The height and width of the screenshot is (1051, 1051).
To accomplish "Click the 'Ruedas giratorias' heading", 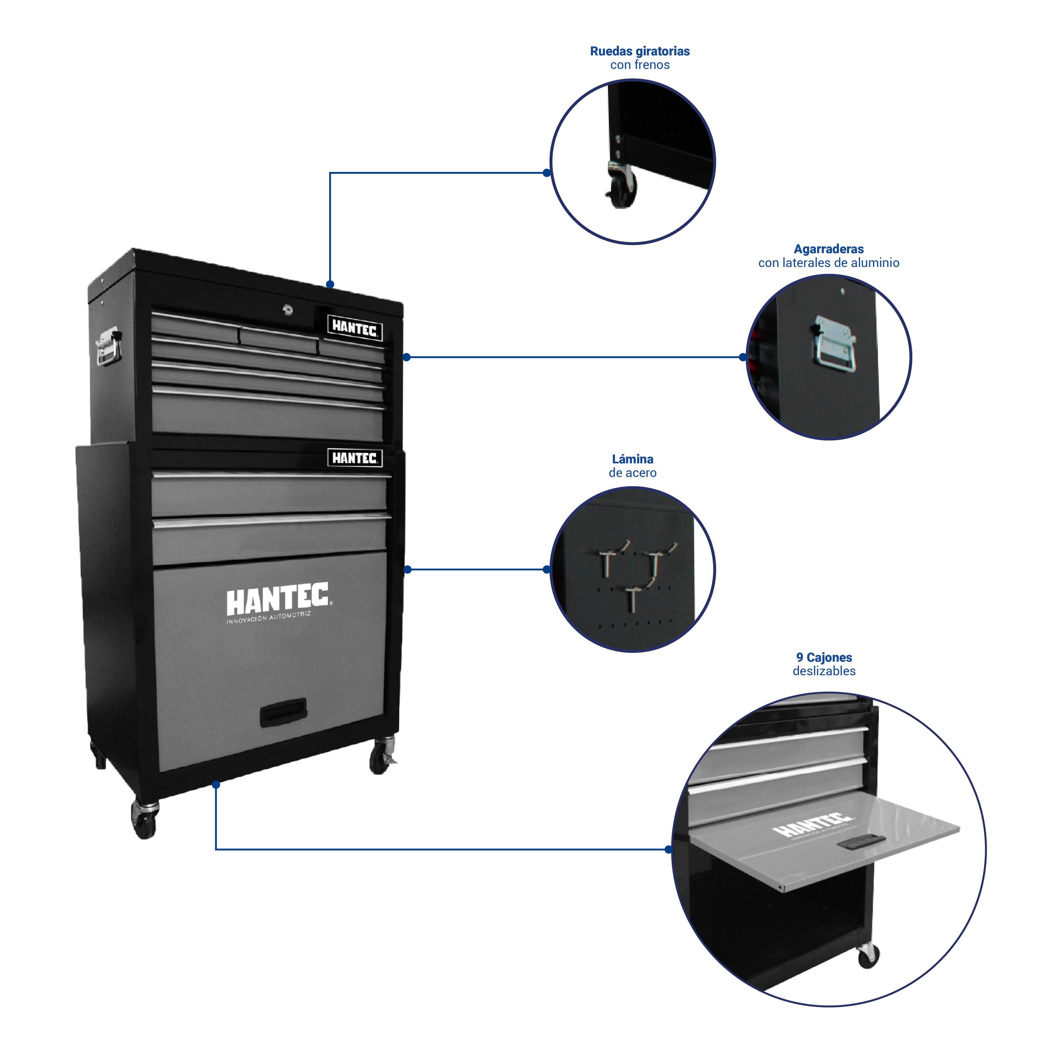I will coord(640,51).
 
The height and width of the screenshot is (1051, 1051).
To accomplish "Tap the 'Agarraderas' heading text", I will coord(828,249).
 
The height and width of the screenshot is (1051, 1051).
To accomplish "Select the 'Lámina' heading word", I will coord(632,459).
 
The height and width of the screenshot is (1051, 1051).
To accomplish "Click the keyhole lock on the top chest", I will coord(288,310).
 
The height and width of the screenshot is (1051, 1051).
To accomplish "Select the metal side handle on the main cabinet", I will coord(108,346).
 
